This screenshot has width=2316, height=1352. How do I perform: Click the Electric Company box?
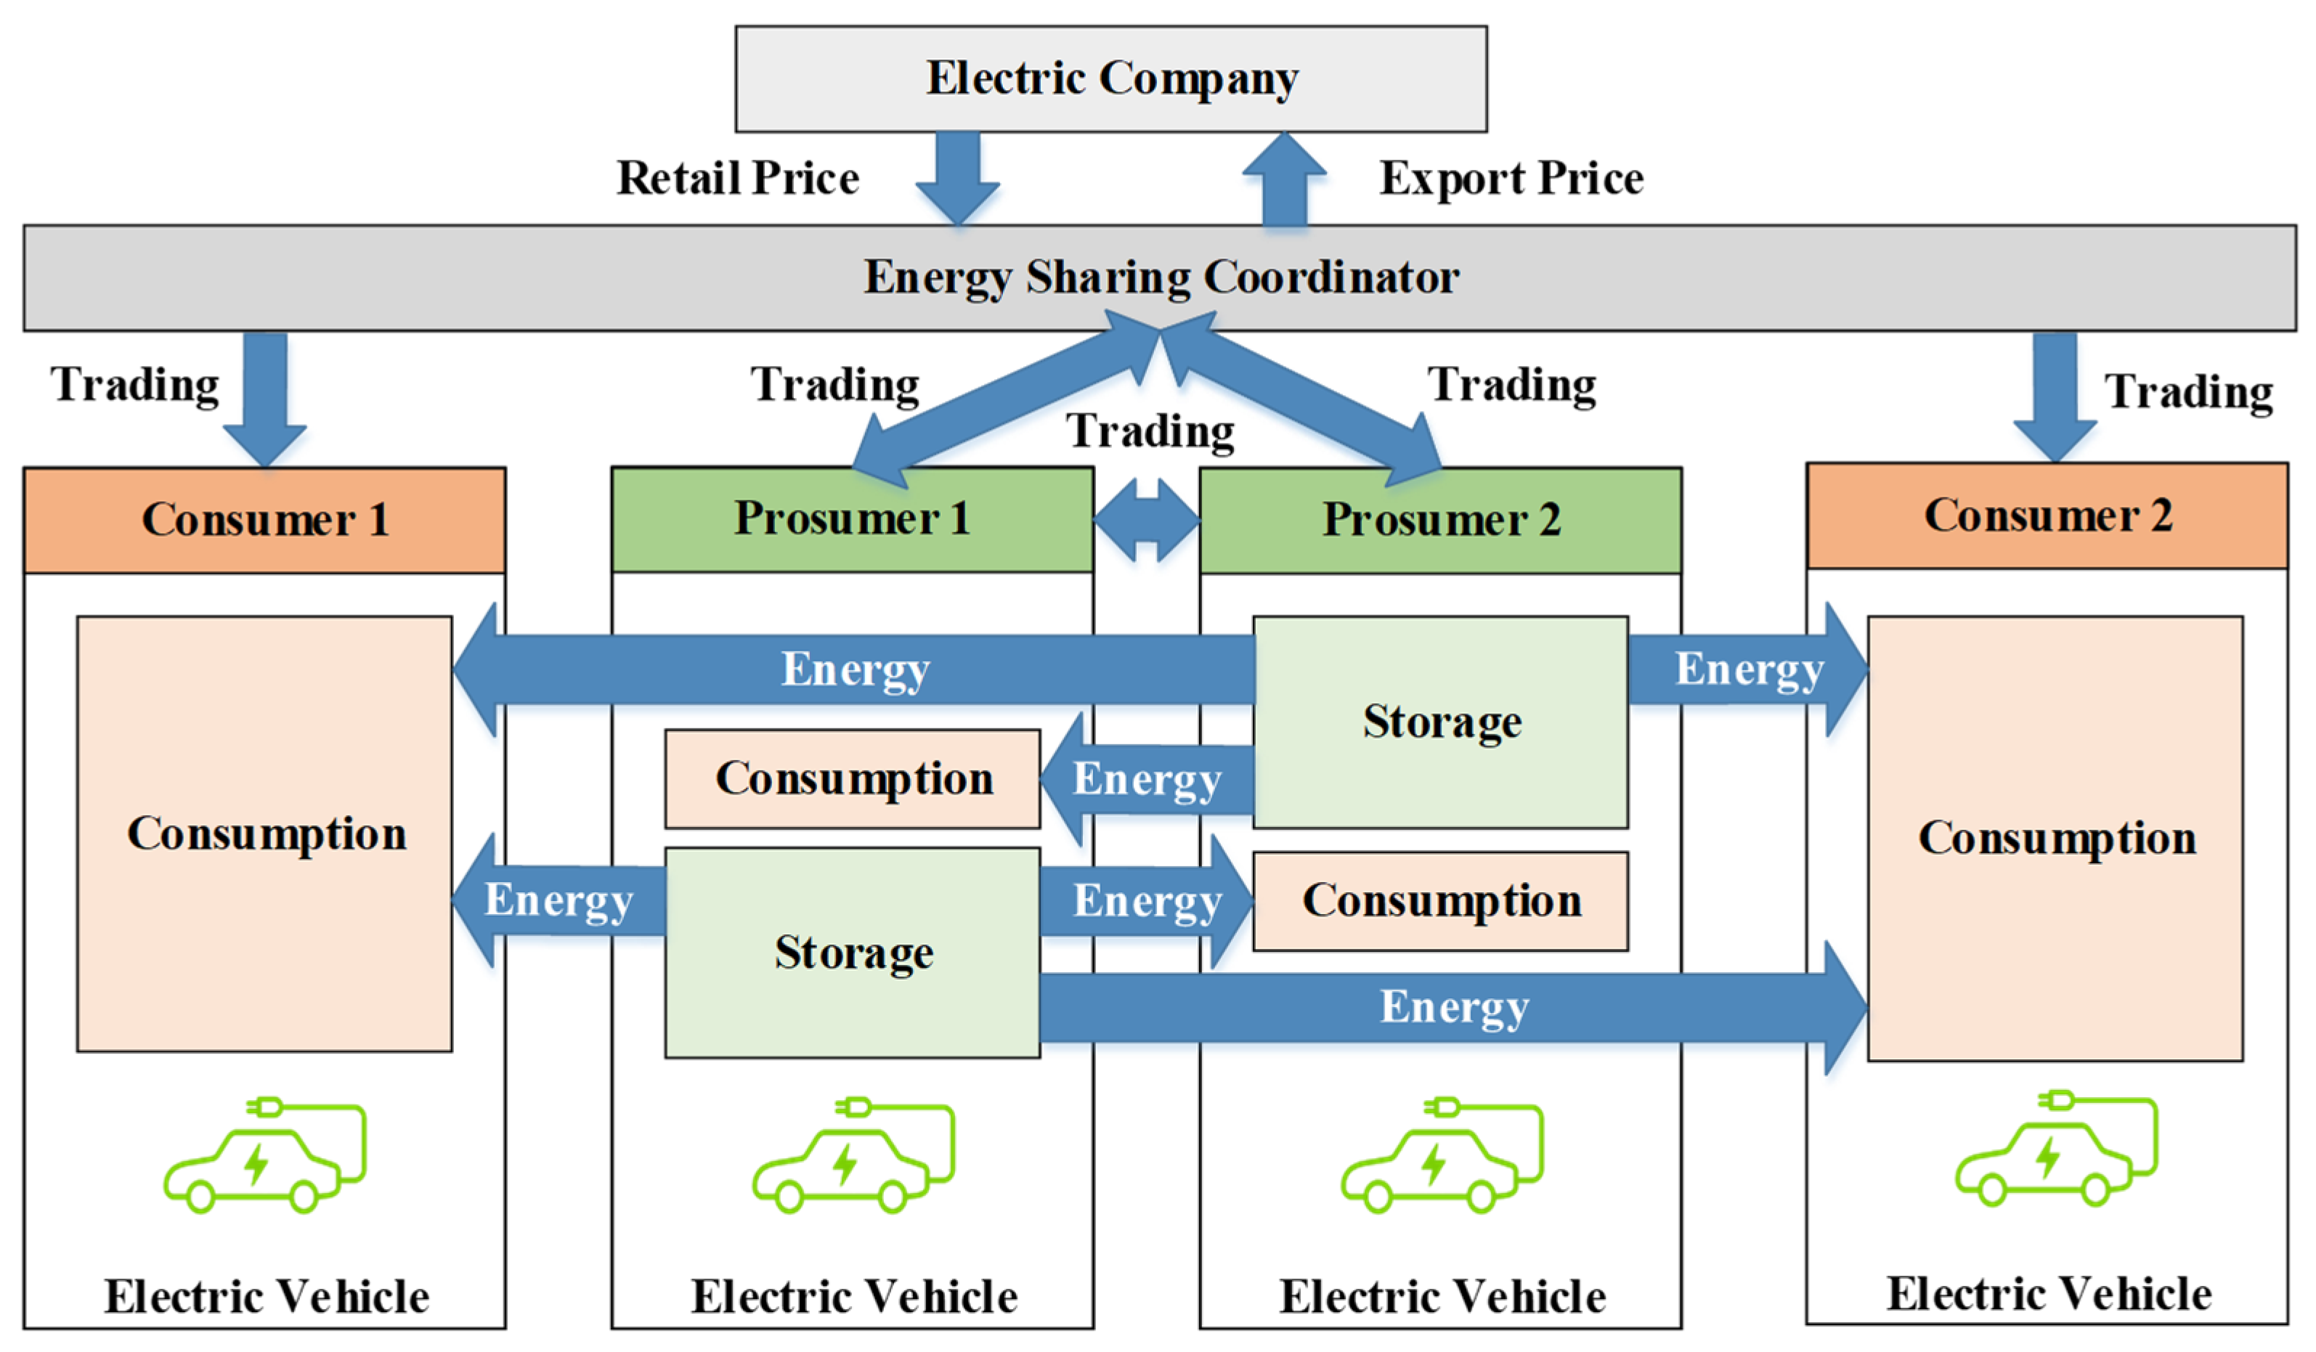(1110, 78)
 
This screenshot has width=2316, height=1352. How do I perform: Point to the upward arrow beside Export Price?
(1284, 179)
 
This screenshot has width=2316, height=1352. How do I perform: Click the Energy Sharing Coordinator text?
(1160, 277)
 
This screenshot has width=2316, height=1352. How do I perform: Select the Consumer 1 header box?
(264, 520)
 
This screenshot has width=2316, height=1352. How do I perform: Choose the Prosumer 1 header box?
(852, 519)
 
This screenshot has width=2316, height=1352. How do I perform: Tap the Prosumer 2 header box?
(1440, 520)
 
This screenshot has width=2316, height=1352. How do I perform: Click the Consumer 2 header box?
(2047, 516)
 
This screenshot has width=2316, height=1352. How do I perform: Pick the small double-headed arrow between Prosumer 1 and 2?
(1146, 520)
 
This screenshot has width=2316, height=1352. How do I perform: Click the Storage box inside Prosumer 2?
(1440, 722)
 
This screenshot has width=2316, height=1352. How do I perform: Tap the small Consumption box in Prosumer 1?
(852, 778)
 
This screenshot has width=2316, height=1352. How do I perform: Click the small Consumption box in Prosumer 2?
(1440, 900)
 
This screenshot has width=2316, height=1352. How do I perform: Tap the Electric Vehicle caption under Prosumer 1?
(854, 1296)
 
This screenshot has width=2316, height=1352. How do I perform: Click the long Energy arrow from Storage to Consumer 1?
(855, 669)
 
